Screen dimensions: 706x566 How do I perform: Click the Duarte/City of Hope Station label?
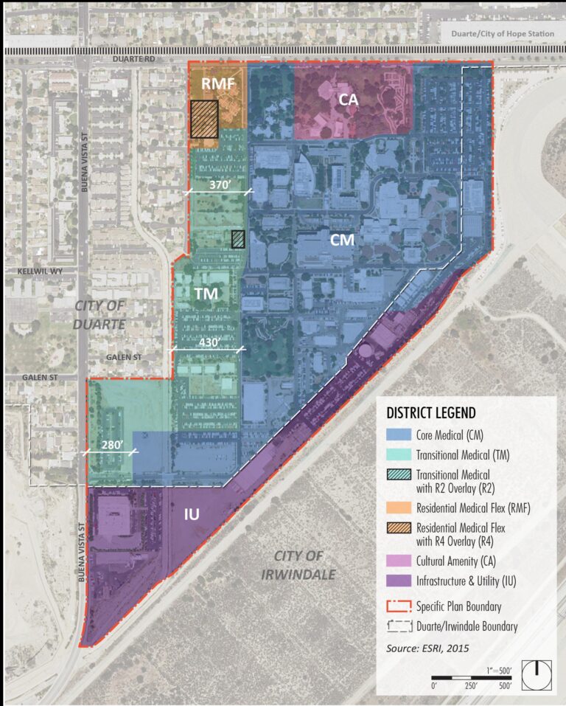point(500,33)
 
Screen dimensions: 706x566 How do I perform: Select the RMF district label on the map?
point(218,84)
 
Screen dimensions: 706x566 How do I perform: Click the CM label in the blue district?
point(342,240)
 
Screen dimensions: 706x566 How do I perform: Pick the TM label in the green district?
point(206,294)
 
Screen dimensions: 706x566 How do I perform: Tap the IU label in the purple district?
point(192,513)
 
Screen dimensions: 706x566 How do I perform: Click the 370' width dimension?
point(219,187)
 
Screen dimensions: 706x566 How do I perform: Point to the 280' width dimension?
point(109,446)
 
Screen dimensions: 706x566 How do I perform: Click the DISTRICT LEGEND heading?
point(431,412)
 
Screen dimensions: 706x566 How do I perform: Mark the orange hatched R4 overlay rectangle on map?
point(204,119)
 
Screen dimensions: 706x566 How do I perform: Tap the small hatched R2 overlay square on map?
point(238,239)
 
